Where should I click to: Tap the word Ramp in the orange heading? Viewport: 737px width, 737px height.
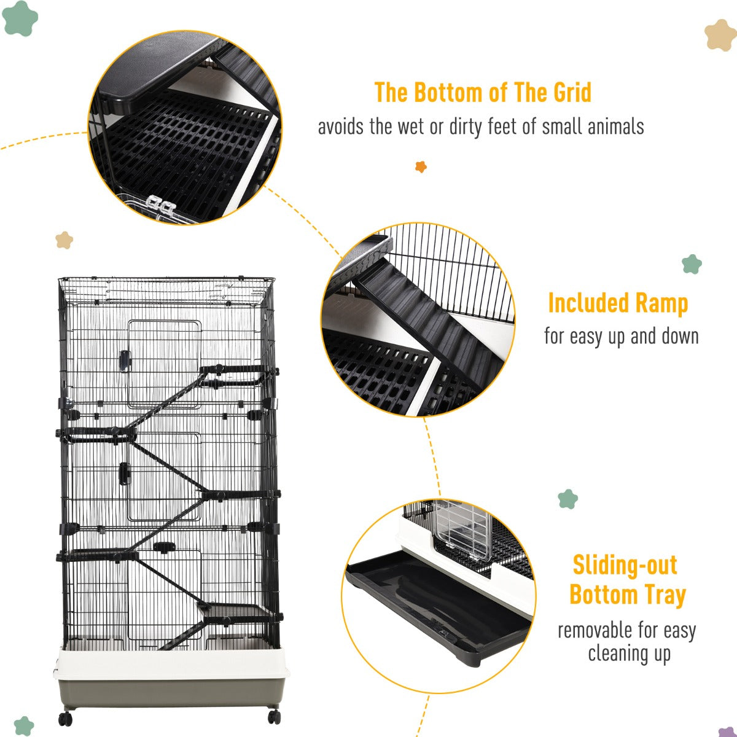point(661,303)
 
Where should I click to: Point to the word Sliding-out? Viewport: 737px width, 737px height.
point(625,565)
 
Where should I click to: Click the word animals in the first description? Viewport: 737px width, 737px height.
point(615,127)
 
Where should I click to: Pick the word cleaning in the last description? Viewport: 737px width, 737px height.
point(615,653)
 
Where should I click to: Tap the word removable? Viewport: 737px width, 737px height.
point(595,630)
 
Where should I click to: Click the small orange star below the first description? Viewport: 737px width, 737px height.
point(421,166)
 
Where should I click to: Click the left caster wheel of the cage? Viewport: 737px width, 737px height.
point(66,718)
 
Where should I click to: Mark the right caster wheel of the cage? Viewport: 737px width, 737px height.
point(273,716)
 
